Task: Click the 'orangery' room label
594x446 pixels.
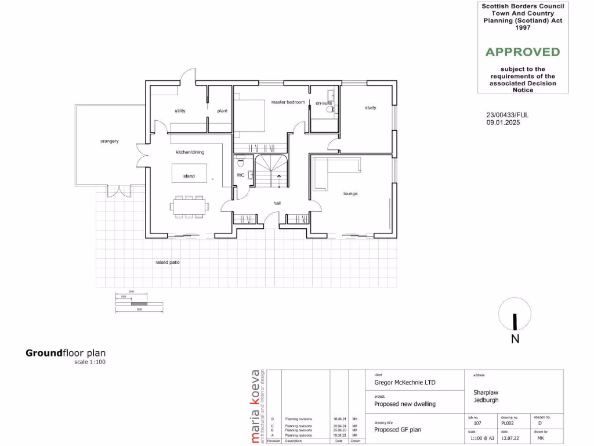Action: click(x=109, y=141)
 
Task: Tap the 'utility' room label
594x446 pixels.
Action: click(x=180, y=111)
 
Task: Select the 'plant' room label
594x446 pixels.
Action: click(x=222, y=111)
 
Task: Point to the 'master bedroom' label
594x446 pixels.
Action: click(x=288, y=102)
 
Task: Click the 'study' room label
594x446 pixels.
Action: click(x=370, y=107)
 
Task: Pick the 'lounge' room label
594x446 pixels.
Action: click(x=350, y=193)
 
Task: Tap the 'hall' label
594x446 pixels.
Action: click(x=278, y=203)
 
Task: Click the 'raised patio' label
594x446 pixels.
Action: click(x=167, y=262)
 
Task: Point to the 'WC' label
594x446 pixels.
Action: click(x=240, y=175)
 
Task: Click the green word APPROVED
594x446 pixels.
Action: click(x=523, y=52)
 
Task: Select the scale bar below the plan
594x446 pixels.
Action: click(x=139, y=303)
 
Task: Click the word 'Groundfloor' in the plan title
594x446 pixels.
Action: click(x=44, y=353)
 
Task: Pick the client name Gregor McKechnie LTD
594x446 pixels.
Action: click(x=404, y=383)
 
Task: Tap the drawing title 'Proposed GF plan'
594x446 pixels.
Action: click(x=397, y=430)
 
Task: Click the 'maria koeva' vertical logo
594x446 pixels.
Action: click(x=256, y=407)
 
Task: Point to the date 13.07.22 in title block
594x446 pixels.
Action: click(x=508, y=439)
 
